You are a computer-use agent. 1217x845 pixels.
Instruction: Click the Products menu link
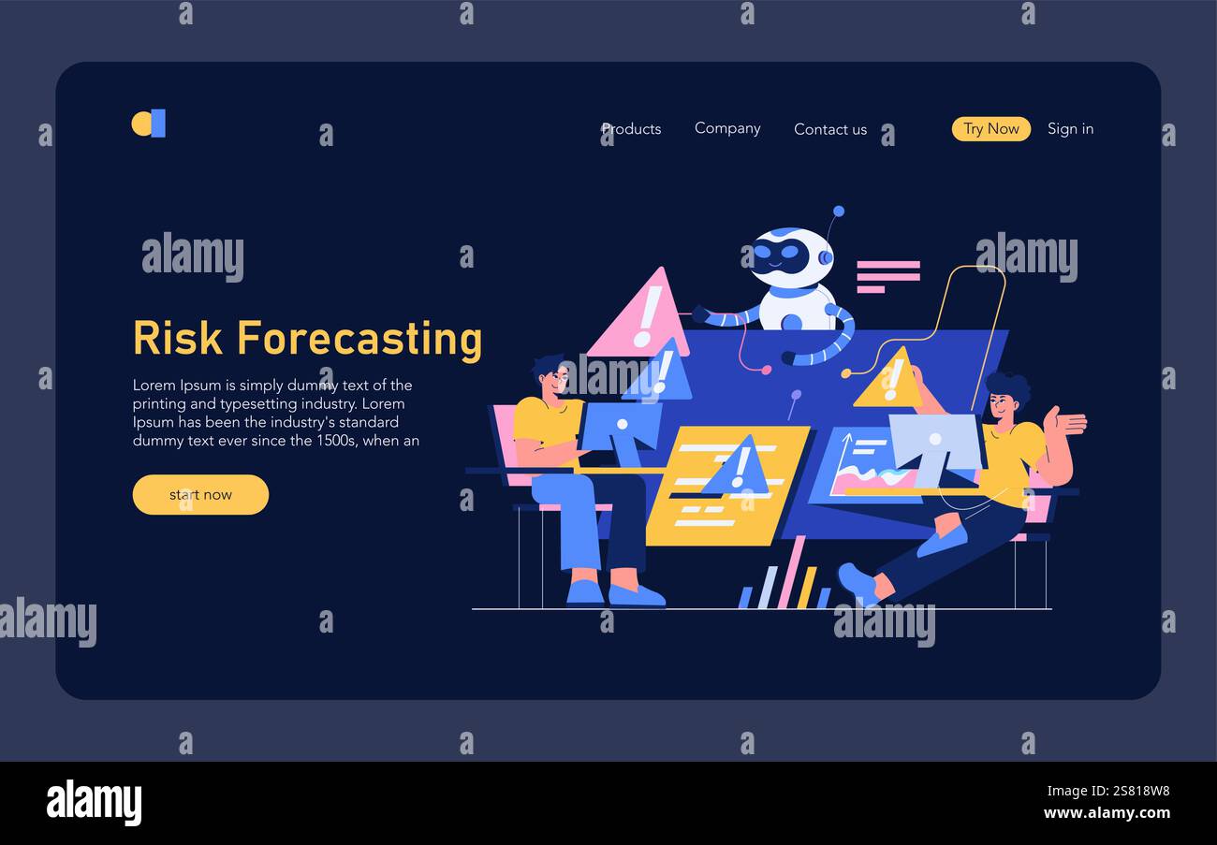coord(631,129)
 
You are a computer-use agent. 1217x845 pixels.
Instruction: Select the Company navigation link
coord(727,128)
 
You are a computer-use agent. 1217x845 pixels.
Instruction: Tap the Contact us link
coord(830,129)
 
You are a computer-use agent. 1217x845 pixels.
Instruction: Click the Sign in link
coord(1070,128)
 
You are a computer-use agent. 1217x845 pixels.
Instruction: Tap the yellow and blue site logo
coord(148,123)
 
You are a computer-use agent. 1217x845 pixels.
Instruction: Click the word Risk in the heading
coord(178,338)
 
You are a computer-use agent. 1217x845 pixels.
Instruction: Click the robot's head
coord(792,256)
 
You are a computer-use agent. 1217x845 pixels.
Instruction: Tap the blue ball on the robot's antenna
coord(838,211)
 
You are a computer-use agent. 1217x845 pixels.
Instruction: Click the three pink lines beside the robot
coord(887,276)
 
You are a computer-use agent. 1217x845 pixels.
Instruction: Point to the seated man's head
coord(550,376)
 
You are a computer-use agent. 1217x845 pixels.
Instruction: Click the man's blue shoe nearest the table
coord(637,595)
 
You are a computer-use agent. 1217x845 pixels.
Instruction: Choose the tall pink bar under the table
coord(790,572)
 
